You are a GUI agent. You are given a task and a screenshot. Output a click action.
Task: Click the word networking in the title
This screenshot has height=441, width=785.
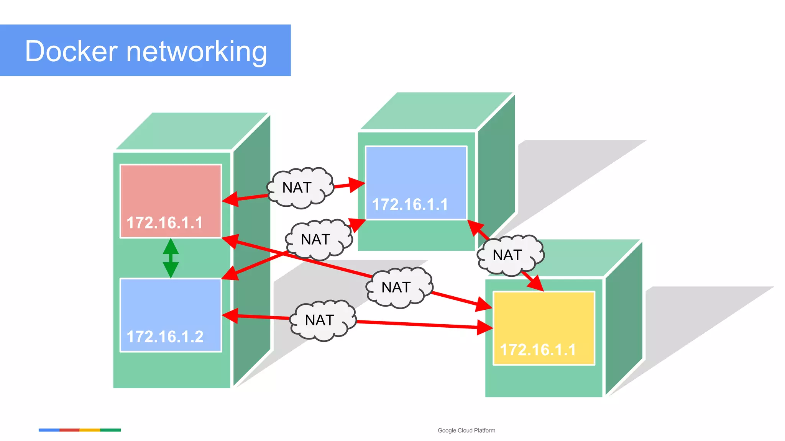tap(196, 52)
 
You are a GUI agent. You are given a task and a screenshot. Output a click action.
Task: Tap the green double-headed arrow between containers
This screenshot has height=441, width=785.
tap(171, 258)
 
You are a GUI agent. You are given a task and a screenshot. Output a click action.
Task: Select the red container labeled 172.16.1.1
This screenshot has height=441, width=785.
tap(171, 191)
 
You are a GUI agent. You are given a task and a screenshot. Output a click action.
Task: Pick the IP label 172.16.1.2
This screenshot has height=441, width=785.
tap(165, 337)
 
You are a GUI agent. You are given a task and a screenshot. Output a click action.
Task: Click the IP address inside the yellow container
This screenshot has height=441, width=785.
tap(538, 350)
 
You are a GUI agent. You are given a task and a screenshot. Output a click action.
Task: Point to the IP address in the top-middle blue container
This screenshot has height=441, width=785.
tap(410, 204)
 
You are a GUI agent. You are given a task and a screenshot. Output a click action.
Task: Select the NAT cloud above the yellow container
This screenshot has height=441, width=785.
tap(510, 255)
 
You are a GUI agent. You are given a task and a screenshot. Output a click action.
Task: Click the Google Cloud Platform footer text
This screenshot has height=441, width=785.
tap(466, 430)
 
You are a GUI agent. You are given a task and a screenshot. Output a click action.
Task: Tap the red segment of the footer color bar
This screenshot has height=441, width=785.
tap(69, 430)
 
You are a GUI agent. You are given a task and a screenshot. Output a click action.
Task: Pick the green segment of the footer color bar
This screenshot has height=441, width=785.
tap(110, 430)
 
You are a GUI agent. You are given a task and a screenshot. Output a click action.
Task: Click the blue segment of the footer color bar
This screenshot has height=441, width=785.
tap(49, 430)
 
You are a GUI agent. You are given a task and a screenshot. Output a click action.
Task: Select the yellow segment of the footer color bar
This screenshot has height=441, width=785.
tap(90, 430)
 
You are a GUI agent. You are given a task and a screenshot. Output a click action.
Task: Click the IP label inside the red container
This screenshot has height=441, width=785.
tap(164, 223)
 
